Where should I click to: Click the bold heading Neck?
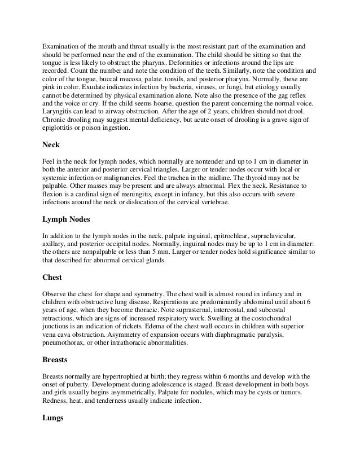tap(51, 144)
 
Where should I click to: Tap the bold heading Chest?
tap(53, 278)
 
